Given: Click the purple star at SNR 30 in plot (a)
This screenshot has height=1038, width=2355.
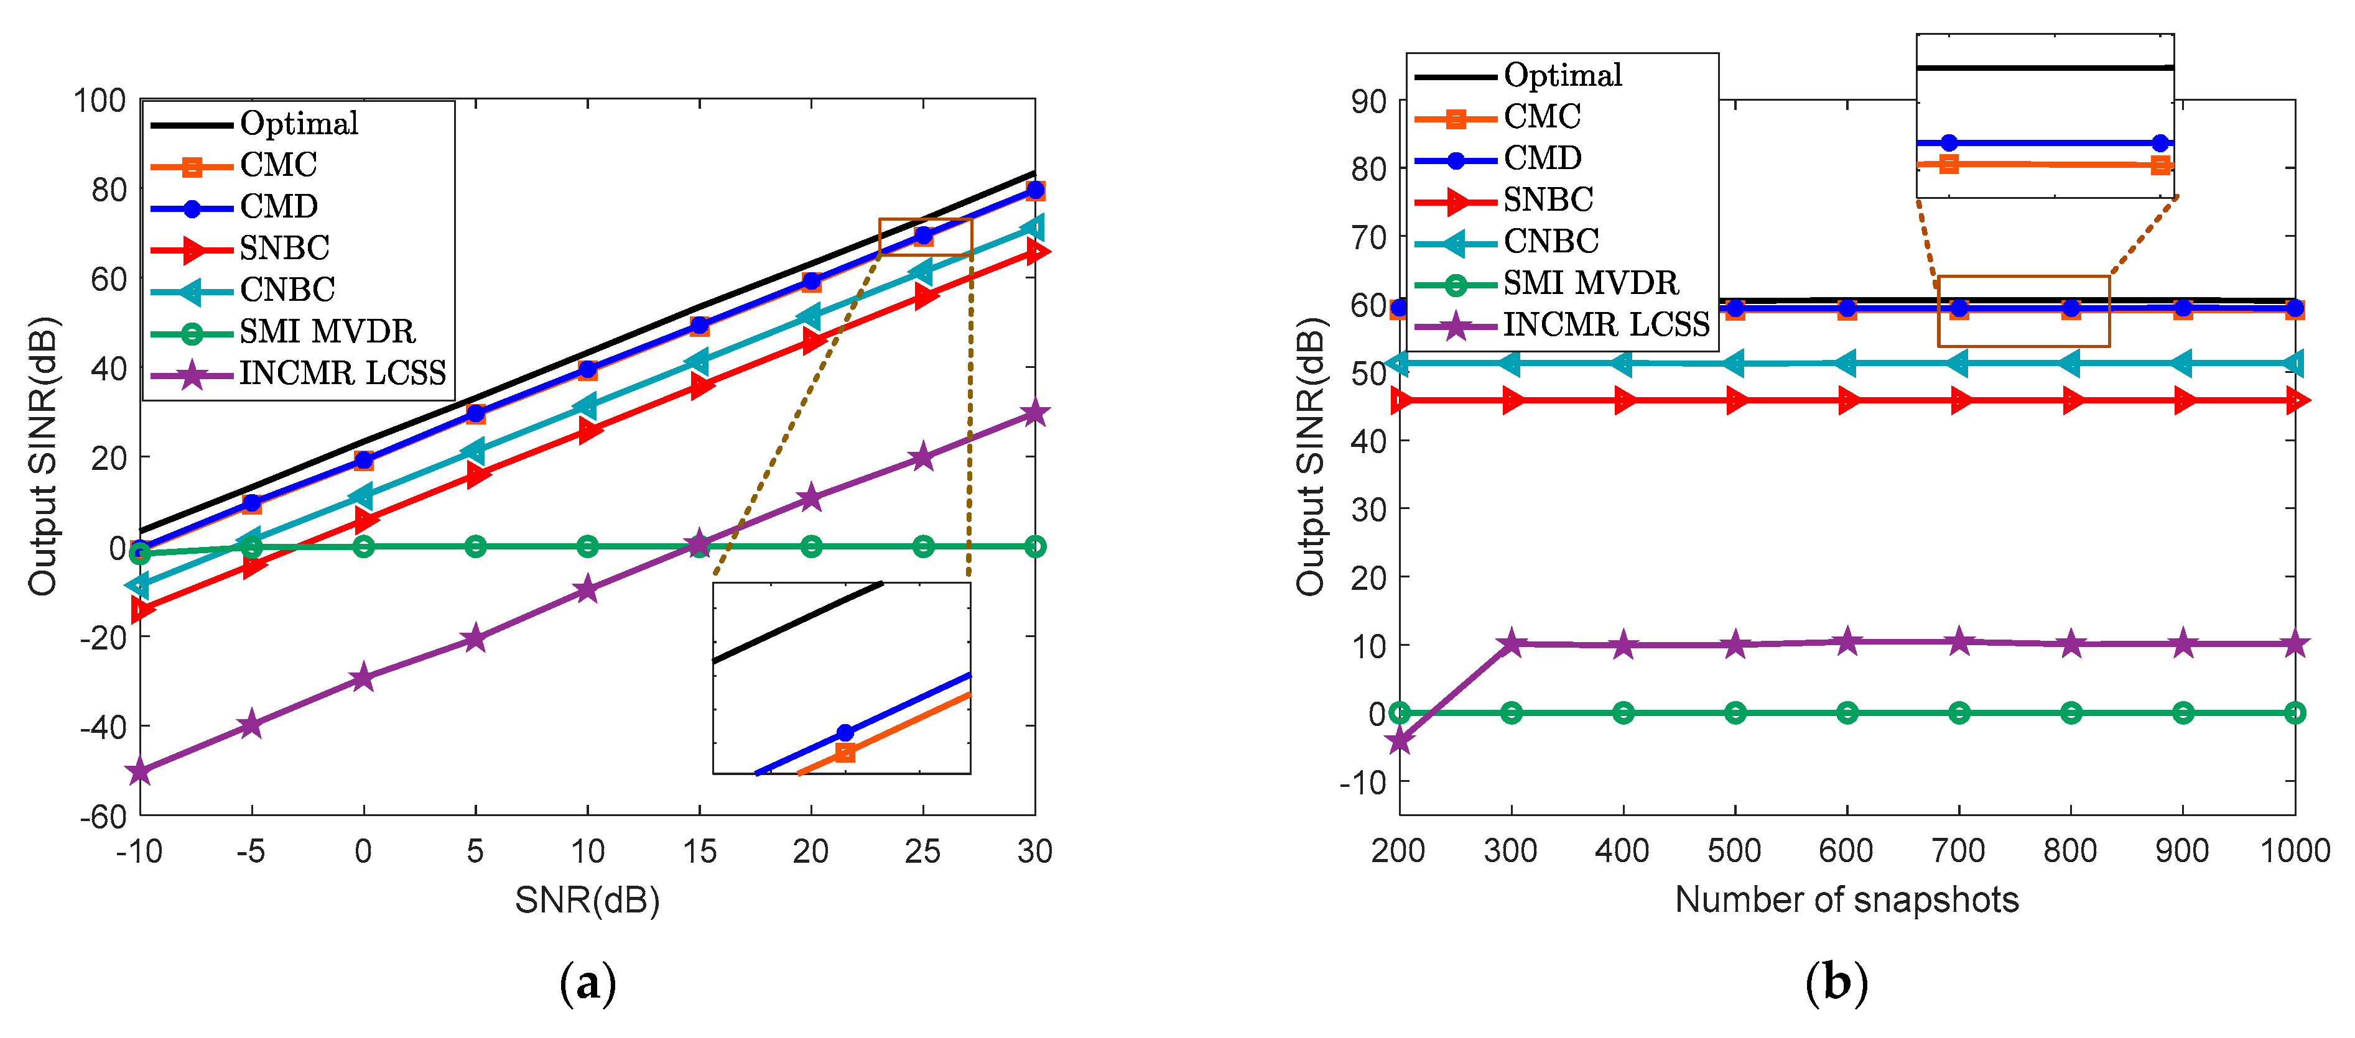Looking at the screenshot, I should pos(1034,413).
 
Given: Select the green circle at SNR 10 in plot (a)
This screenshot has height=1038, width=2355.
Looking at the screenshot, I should pos(587,546).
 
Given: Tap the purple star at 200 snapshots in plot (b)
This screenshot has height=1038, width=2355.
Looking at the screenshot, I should pos(1400,740).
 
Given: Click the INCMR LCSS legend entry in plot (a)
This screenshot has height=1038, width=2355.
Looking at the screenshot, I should pos(342,373).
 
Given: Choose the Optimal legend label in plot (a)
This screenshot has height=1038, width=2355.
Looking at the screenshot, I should pos(299,123).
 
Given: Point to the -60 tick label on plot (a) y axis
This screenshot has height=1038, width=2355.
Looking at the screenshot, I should pos(103,816).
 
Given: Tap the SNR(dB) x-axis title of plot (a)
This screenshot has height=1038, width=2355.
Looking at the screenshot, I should pos(587,900).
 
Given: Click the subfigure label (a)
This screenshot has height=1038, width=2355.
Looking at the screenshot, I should pos(587,984).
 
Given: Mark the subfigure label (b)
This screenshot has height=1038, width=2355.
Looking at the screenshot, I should pos(1836,984).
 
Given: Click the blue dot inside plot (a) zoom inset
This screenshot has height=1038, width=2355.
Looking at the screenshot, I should pos(845,733).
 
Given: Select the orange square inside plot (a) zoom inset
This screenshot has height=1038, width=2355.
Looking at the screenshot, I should pos(845,753).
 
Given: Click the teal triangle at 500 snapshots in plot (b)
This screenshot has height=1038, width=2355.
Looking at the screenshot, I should pos(1734,364).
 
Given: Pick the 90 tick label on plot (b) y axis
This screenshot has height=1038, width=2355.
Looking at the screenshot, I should pos(1368,101).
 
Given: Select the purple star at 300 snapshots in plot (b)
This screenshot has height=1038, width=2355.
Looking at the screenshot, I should pos(1511,643).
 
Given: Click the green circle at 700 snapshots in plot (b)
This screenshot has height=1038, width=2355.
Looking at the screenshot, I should pos(1958,713).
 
